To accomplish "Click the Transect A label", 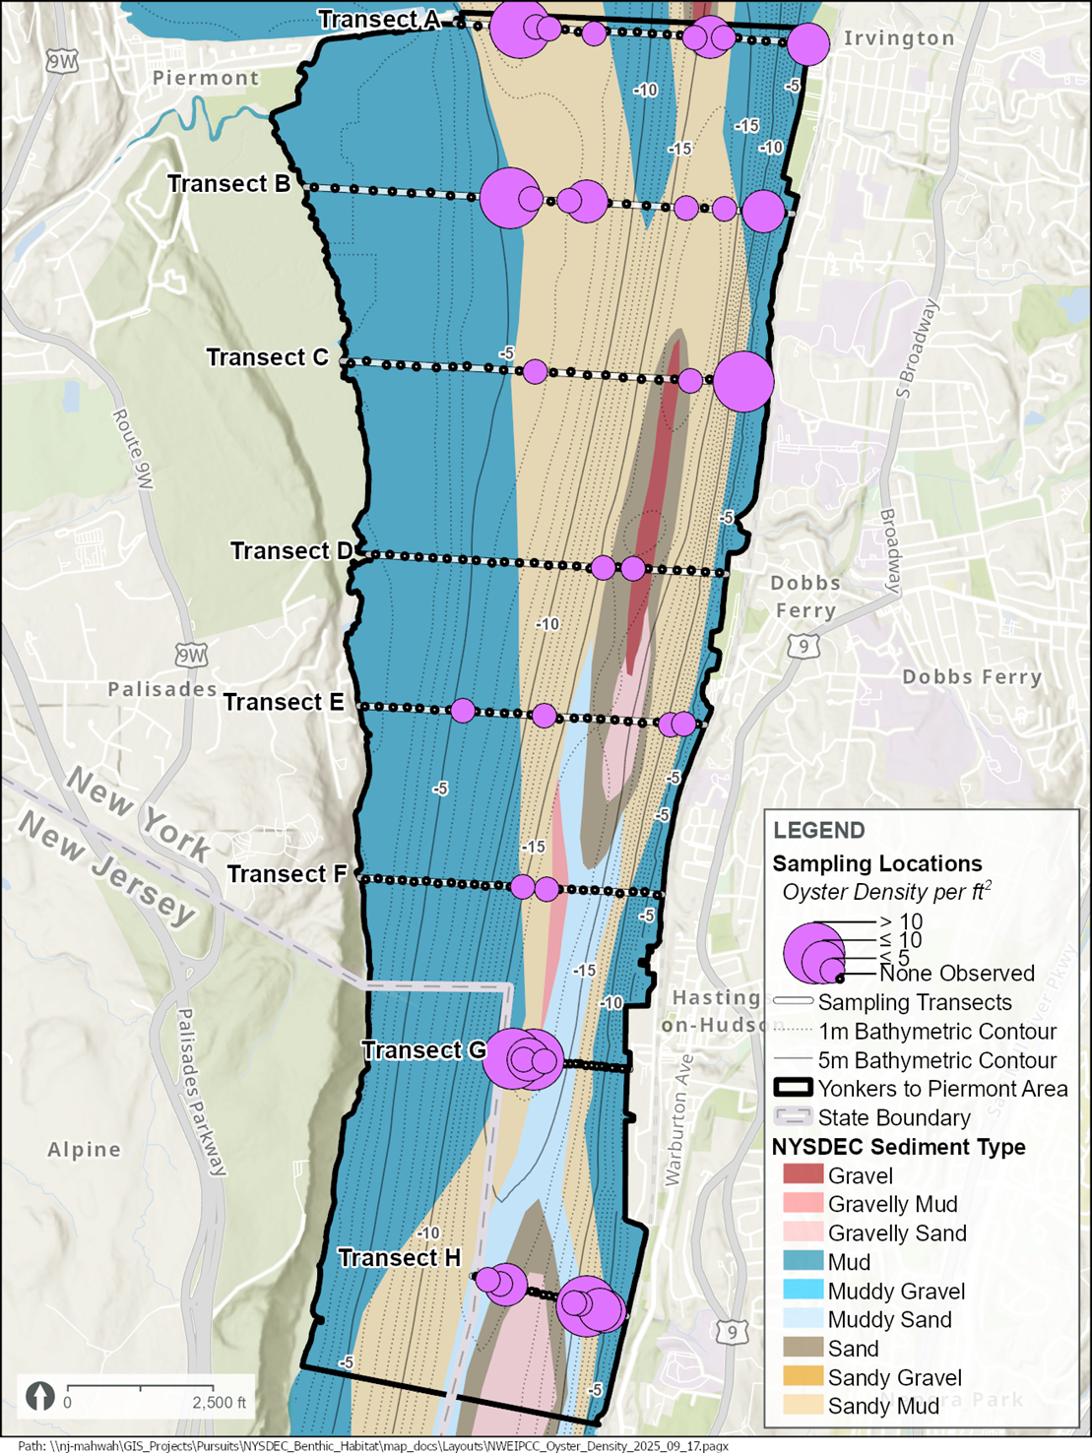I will pos(377,20).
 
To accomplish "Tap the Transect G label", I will pos(423,1050).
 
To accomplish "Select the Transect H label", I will pos(399,1258).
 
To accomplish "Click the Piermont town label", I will pos(206,78).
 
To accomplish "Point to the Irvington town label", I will pos(899,38).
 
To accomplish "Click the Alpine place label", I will pos(85,1149).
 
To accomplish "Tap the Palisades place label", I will pos(162,689).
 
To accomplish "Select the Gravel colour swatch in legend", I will pos(803,1175).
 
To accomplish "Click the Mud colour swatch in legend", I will pos(803,1262).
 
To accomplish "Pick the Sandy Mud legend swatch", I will pos(803,1406).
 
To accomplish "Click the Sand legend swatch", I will pos(803,1349).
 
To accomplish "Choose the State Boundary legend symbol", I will pos(793,1117).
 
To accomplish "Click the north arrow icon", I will pos(40,1397).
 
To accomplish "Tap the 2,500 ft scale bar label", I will pos(219,1403).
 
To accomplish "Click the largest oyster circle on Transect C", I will pos(743,381).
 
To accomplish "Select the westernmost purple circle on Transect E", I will pos(463,710).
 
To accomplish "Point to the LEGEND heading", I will pos(819,830).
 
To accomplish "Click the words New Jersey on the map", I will pos(106,871).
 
